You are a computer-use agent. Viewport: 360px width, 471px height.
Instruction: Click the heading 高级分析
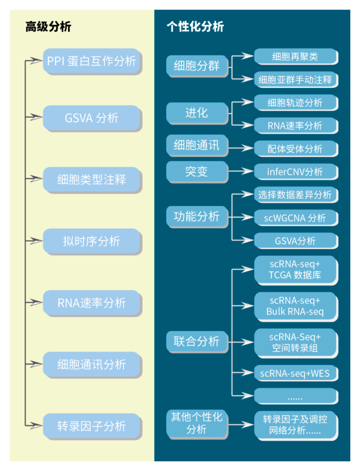tap(48, 27)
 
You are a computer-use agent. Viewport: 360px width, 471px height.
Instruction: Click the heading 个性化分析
tap(195, 27)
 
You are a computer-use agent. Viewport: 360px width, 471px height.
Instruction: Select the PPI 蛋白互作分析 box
tap(91, 61)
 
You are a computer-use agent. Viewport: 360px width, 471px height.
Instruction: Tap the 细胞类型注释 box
tap(91, 180)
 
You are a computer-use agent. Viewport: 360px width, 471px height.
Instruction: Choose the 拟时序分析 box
tap(91, 241)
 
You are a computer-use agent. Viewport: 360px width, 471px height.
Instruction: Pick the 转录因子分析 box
tap(91, 426)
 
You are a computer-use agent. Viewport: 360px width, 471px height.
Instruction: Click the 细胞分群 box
tap(197, 66)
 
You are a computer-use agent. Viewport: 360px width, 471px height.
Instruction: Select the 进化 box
tap(197, 112)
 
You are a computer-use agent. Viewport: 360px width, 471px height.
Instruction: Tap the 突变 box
tap(197, 171)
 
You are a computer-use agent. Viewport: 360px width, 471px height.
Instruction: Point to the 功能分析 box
tap(197, 216)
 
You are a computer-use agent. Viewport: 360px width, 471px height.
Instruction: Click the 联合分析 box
tap(197, 341)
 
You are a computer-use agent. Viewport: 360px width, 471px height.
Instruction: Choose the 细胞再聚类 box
tap(295, 57)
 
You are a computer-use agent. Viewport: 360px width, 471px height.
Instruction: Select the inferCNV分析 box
tap(295, 171)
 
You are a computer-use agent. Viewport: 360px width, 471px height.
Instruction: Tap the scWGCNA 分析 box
tap(295, 218)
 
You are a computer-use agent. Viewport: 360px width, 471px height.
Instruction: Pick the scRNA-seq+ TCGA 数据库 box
tap(295, 269)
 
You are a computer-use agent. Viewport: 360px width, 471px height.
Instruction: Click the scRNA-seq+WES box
tap(295, 373)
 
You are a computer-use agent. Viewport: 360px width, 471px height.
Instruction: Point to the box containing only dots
tap(295, 396)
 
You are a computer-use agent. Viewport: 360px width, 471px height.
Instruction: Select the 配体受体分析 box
tap(295, 148)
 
